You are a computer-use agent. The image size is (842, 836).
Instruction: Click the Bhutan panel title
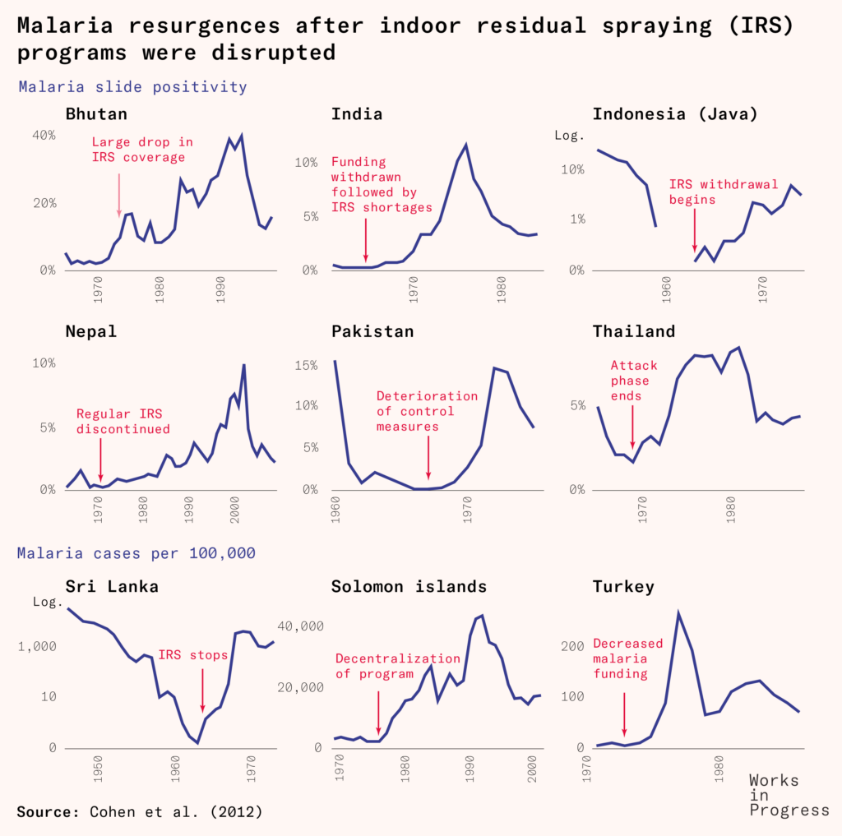(x=96, y=113)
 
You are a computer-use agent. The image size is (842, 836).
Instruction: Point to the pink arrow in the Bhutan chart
(x=119, y=194)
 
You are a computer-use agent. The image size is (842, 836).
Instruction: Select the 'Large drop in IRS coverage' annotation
(x=142, y=150)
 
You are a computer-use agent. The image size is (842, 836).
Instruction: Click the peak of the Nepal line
(x=243, y=365)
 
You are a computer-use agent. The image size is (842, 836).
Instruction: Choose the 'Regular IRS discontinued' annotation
(x=123, y=421)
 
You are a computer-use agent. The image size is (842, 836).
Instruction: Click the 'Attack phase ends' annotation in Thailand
(x=630, y=381)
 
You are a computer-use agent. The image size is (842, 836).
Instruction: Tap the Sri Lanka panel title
(x=112, y=586)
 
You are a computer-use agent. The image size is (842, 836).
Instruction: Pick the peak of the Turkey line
(x=678, y=612)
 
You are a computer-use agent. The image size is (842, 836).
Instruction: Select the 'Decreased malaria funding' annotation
(x=627, y=658)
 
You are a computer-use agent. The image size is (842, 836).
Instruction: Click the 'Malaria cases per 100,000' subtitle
(x=136, y=553)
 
